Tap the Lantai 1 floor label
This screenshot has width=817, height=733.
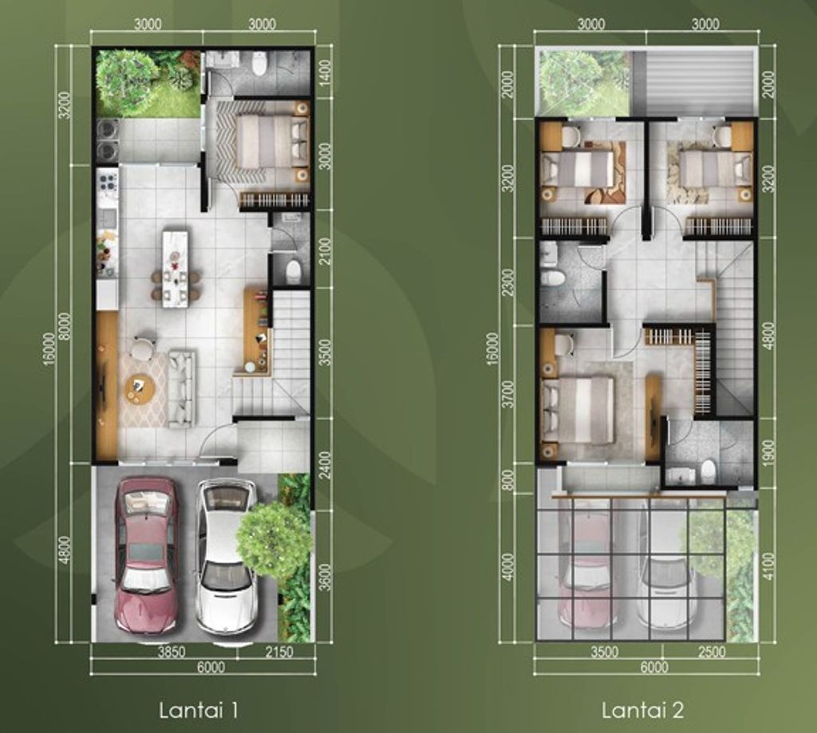tap(198, 709)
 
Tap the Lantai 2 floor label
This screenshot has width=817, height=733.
tap(642, 709)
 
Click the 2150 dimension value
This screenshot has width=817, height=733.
tap(279, 652)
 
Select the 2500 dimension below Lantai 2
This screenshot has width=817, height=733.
tap(711, 652)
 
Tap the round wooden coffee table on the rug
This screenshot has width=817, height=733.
tap(140, 388)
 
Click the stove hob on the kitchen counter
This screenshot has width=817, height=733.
tap(107, 184)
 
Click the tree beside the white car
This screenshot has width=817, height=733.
tap(273, 538)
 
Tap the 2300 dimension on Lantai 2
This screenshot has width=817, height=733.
tap(507, 281)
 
